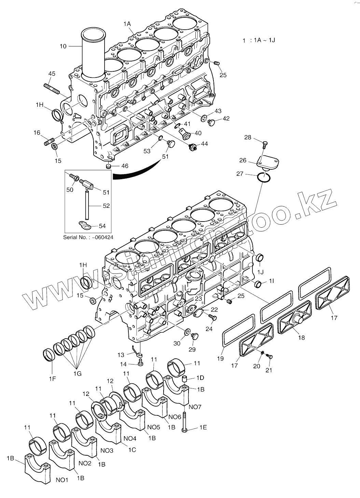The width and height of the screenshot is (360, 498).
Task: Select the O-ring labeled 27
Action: tap(265, 177)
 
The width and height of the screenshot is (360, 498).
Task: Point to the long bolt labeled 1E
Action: tap(185, 422)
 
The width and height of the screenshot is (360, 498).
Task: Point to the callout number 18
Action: tap(301, 338)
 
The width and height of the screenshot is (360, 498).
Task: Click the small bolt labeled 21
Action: tap(269, 356)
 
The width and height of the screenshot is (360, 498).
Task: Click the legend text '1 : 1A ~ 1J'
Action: tap(259, 40)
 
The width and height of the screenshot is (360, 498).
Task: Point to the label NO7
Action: tap(195, 407)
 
